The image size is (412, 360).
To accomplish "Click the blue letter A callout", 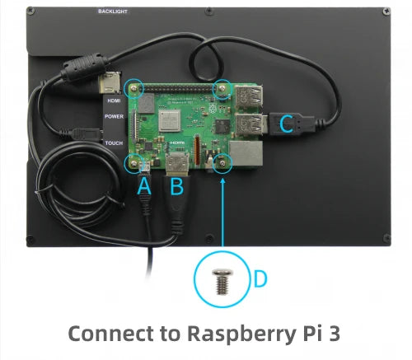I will (143, 188).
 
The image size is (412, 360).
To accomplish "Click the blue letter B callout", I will (176, 188).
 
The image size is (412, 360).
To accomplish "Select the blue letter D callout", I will (260, 279).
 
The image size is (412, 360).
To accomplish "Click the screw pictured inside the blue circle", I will (222, 280).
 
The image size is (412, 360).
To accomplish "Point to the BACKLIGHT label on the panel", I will (112, 12).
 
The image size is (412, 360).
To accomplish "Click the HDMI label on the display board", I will (114, 101).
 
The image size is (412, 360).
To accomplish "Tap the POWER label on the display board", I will (114, 117).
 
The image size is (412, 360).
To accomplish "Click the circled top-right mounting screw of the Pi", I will (221, 88).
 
